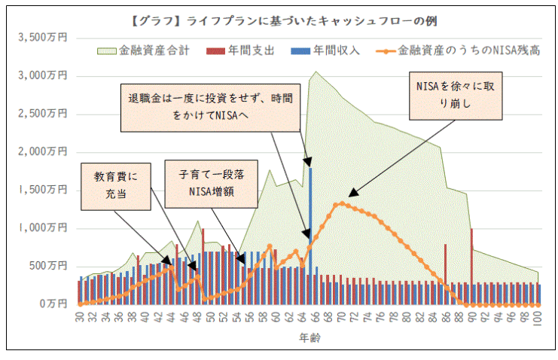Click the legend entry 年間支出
(x=242, y=51)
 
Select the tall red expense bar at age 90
(x=471, y=264)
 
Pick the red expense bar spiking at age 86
(x=445, y=273)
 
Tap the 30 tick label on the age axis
(x=79, y=319)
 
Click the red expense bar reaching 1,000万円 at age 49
(x=203, y=264)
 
